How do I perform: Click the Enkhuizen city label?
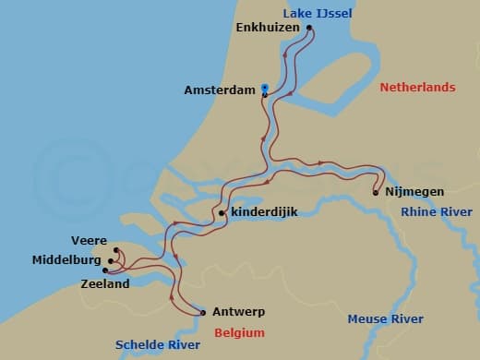(x=268, y=28)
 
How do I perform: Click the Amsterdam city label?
(x=221, y=90)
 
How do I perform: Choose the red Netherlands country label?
(x=417, y=87)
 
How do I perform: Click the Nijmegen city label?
(x=414, y=192)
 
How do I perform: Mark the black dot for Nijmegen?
(x=376, y=192)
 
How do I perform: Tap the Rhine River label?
(x=437, y=212)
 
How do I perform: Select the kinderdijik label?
(x=266, y=213)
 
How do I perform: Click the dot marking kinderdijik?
(x=222, y=213)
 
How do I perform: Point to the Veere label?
(x=89, y=241)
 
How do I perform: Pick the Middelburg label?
(x=66, y=260)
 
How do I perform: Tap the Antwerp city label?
(x=239, y=311)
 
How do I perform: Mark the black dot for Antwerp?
(x=203, y=312)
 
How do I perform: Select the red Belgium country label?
(x=239, y=332)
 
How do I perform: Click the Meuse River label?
(x=385, y=319)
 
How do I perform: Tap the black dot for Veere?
(x=115, y=250)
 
